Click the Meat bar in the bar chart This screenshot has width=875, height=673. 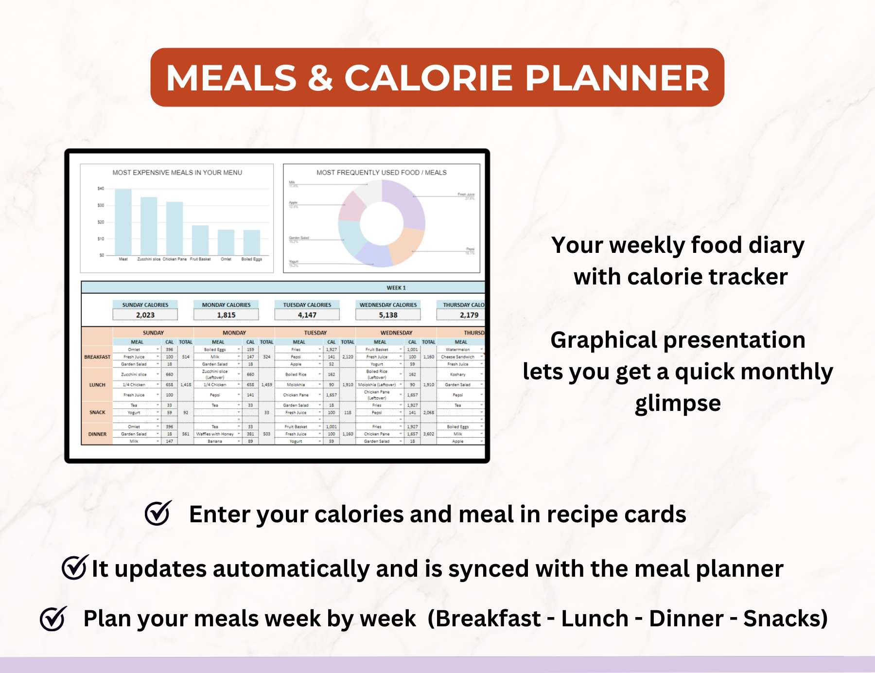[x=123, y=222]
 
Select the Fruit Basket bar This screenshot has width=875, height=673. [x=200, y=240]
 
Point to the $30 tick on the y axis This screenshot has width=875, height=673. [x=101, y=205]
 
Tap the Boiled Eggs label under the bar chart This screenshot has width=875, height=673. [x=251, y=259]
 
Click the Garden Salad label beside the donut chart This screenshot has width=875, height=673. [x=299, y=238]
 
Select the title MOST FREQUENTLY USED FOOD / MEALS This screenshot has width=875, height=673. [x=381, y=173]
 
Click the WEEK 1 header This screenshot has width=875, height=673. [x=396, y=288]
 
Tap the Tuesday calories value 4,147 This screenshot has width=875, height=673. [x=307, y=315]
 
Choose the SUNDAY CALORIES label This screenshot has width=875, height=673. [x=145, y=305]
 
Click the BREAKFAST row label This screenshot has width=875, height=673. [x=97, y=357]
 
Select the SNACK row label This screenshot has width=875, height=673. [x=97, y=412]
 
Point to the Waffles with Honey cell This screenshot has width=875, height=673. [x=215, y=434]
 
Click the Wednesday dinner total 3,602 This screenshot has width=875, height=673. [x=428, y=434]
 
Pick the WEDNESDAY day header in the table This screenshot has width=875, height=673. [x=396, y=333]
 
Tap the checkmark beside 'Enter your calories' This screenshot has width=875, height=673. [x=158, y=514]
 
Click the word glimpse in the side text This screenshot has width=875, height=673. [x=678, y=403]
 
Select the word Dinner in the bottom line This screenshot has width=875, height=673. [x=686, y=619]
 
